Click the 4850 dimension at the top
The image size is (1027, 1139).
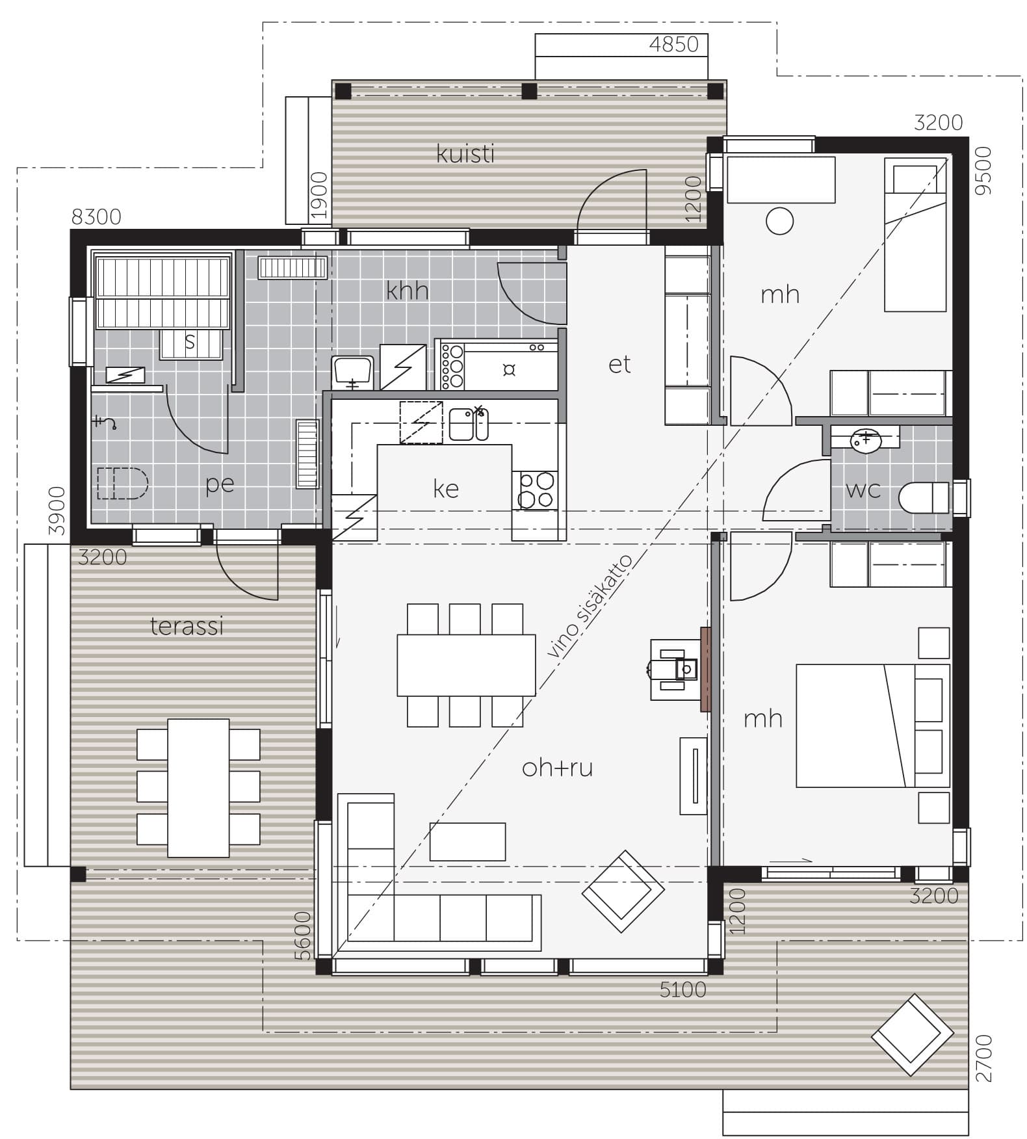tap(674, 44)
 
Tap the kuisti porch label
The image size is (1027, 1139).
tap(465, 154)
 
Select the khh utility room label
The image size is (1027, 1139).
tap(408, 290)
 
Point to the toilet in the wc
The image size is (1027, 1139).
tap(924, 498)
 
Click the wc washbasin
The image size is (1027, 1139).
tap(865, 439)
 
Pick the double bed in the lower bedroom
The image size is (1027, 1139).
tap(873, 726)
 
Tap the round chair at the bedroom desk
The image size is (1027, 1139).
tap(779, 221)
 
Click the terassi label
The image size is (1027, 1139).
tap(187, 626)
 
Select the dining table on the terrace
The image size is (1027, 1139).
tap(198, 788)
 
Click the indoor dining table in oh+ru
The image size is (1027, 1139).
tap(466, 665)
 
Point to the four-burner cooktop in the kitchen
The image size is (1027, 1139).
tap(536, 490)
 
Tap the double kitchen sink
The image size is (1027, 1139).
tap(469, 424)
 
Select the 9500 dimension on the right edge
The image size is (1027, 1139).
tap(985, 170)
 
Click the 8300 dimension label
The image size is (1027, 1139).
tap(96, 216)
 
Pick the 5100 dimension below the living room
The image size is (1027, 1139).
tap(682, 989)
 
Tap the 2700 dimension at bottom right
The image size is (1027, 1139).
tap(985, 1059)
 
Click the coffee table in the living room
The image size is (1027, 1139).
tap(467, 842)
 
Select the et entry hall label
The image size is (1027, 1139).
tap(619, 365)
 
